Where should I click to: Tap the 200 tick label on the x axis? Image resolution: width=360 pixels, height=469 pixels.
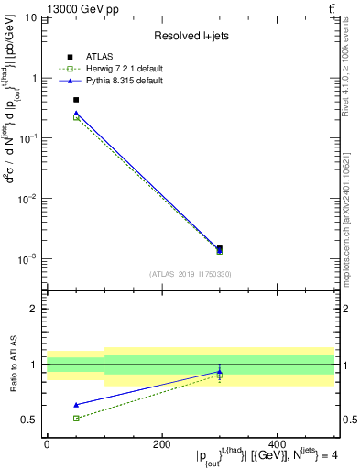point(162,444)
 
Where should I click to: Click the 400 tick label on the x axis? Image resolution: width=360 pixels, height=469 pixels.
point(278,444)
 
